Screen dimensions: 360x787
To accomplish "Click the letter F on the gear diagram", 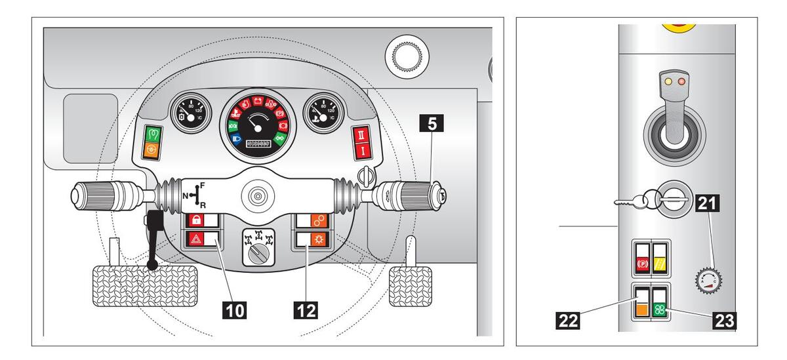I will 202,186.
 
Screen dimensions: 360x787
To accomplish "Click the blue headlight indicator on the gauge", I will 234,138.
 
